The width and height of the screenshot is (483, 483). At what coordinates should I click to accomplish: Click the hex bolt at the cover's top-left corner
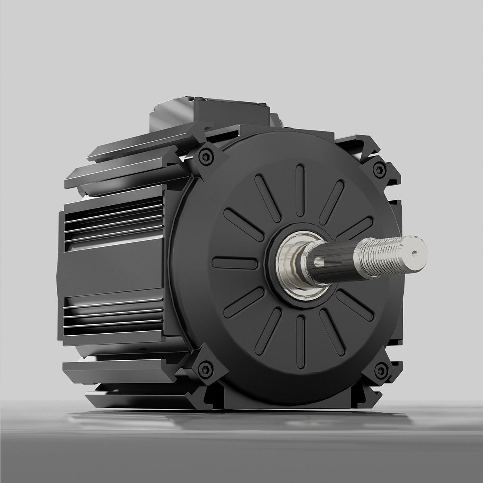click(x=206, y=157)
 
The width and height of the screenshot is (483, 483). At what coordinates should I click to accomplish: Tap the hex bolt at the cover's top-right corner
click(x=378, y=170)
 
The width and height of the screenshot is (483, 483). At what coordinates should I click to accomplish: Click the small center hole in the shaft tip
click(x=415, y=254)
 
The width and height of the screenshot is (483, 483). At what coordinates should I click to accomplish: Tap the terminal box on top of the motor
click(x=209, y=112)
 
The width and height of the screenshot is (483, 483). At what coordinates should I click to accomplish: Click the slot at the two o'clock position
click(x=354, y=228)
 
